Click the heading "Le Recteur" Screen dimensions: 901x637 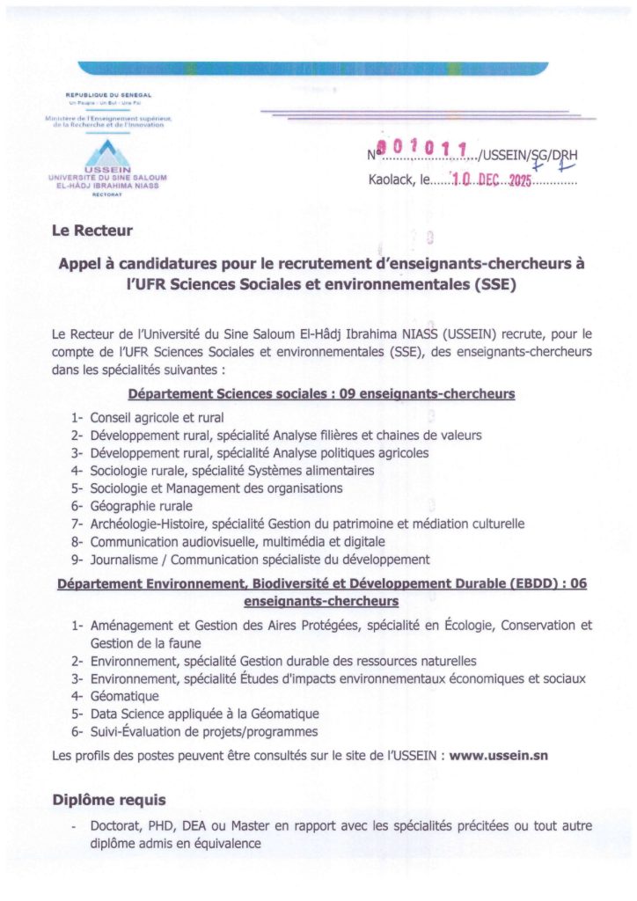[x=92, y=231]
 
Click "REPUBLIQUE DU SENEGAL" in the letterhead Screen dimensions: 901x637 [x=108, y=94]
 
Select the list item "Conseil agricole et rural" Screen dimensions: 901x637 [x=157, y=418]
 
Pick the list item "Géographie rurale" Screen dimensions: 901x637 [x=141, y=506]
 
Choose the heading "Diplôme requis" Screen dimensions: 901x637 [x=109, y=799]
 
